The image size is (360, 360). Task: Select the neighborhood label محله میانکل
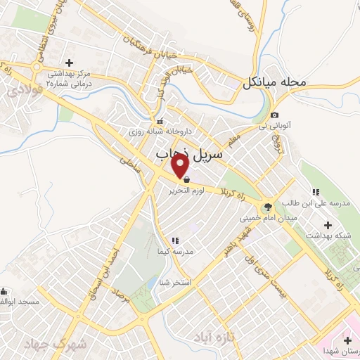coord(275,82)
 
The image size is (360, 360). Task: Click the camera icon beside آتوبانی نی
coord(274,115)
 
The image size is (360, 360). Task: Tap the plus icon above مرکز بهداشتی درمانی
coord(69,63)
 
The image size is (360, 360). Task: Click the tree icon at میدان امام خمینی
coord(266,207)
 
